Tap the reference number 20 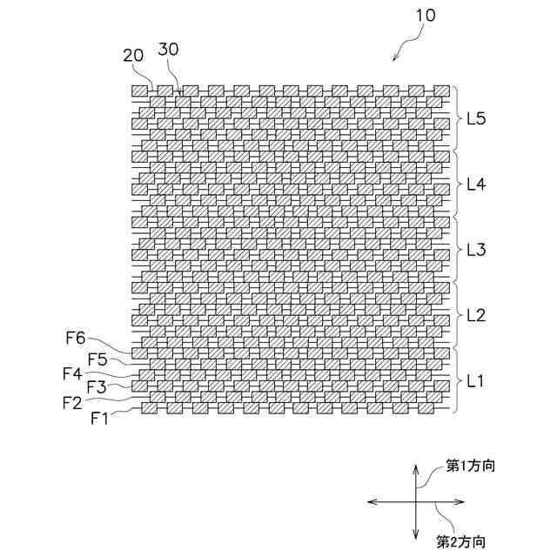[x=133, y=55]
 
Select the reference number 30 [x=169, y=50]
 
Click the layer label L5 [x=477, y=118]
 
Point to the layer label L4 [x=477, y=184]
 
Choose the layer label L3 [x=477, y=249]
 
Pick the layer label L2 [x=477, y=314]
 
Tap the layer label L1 [x=477, y=380]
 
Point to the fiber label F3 [x=96, y=387]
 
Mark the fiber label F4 [x=72, y=372]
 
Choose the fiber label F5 [x=98, y=358]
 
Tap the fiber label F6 [x=76, y=342]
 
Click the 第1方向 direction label [x=471, y=466]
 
